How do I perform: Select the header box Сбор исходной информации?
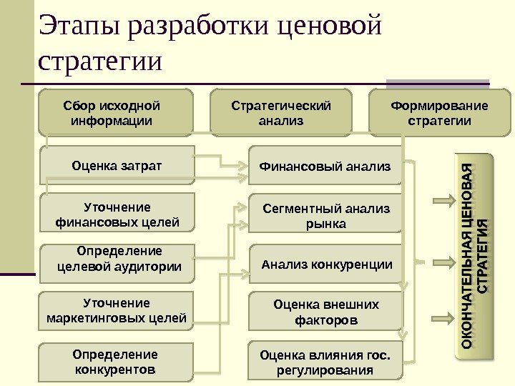pos(116,113)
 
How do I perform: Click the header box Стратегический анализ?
pos(280,113)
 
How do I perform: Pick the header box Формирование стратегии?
pos(439,113)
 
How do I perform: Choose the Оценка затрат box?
pos(117,166)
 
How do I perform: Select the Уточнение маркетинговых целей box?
pos(117,310)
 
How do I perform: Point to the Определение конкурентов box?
pos(115,362)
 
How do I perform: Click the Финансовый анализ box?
pos(325,167)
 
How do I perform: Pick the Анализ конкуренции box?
pos(326,264)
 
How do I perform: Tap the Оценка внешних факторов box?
pos(326,312)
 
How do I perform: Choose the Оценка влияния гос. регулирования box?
pos(325,362)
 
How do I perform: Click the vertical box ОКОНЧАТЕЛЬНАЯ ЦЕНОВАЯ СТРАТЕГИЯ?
pos(475,256)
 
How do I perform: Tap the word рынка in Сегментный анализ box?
pos(325,224)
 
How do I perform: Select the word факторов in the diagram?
pos(326,321)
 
